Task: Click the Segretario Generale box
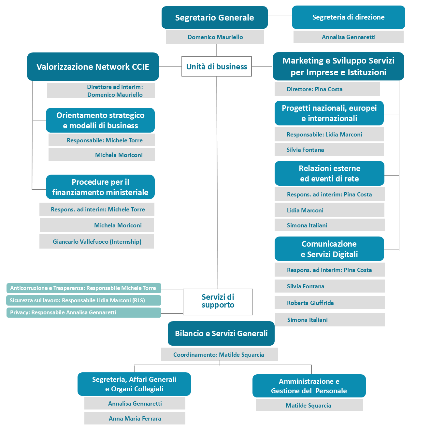click(x=214, y=18)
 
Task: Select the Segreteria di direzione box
click(x=348, y=17)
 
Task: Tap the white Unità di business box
click(x=217, y=66)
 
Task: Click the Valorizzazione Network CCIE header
click(x=93, y=67)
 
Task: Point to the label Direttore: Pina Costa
click(x=314, y=89)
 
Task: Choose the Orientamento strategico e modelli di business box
click(x=100, y=120)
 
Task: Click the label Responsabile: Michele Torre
click(x=105, y=140)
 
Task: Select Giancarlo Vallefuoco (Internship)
click(x=97, y=241)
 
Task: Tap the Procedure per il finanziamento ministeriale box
click(x=100, y=187)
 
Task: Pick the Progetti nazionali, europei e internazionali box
click(x=329, y=113)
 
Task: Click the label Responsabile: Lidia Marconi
click(x=324, y=135)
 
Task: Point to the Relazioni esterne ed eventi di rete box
click(x=329, y=173)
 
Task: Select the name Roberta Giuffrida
click(x=310, y=303)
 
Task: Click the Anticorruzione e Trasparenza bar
click(x=84, y=288)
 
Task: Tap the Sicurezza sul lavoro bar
click(x=84, y=300)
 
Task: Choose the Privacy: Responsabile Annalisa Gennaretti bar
click(x=84, y=312)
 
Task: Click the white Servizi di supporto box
click(x=218, y=302)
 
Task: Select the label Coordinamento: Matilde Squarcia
click(x=219, y=355)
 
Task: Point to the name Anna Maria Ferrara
click(x=135, y=419)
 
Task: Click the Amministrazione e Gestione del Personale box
click(x=309, y=386)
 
